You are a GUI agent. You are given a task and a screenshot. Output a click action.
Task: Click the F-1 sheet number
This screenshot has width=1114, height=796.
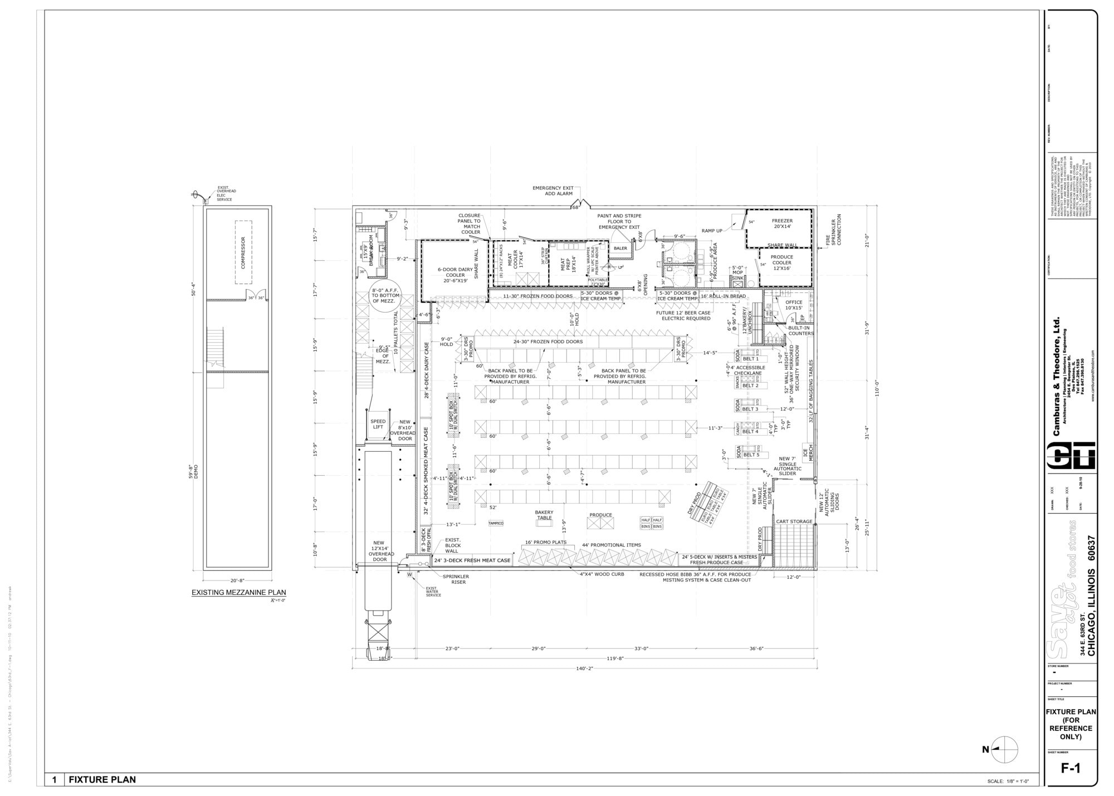click(x=1071, y=768)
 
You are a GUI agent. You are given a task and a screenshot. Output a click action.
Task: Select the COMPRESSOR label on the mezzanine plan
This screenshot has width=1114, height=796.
click(x=243, y=252)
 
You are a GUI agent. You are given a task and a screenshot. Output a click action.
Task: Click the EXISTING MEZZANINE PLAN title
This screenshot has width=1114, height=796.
click(x=238, y=593)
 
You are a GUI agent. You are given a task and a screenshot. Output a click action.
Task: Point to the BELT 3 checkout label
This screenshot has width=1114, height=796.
click(x=750, y=409)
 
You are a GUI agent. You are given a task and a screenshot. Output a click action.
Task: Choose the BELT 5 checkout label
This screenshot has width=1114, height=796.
click(x=751, y=455)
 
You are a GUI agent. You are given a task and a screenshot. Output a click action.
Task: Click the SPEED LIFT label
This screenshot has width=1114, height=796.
click(x=378, y=424)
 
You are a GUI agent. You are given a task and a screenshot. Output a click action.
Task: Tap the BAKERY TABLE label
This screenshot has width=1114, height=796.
click(x=544, y=515)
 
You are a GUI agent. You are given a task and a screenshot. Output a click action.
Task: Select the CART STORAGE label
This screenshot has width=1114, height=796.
click(x=794, y=522)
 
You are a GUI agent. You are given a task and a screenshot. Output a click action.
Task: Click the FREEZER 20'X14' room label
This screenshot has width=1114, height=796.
click(x=782, y=223)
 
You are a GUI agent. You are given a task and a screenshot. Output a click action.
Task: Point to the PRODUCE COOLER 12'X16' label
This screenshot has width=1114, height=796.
click(x=782, y=263)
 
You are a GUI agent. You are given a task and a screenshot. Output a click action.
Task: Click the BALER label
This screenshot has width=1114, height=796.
click(x=620, y=248)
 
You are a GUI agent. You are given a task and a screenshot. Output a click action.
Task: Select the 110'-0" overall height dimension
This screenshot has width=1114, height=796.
click(x=876, y=387)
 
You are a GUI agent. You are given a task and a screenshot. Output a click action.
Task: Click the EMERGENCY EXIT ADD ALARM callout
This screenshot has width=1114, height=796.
click(x=553, y=191)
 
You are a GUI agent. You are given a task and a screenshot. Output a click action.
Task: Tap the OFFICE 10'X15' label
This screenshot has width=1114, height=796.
click(x=794, y=305)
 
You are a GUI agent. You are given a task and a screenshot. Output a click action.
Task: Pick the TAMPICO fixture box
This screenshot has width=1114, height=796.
click(x=496, y=524)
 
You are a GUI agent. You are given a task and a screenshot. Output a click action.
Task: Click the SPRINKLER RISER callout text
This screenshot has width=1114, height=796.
click(x=456, y=579)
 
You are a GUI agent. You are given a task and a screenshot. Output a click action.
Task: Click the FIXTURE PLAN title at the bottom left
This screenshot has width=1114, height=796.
click(x=102, y=779)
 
